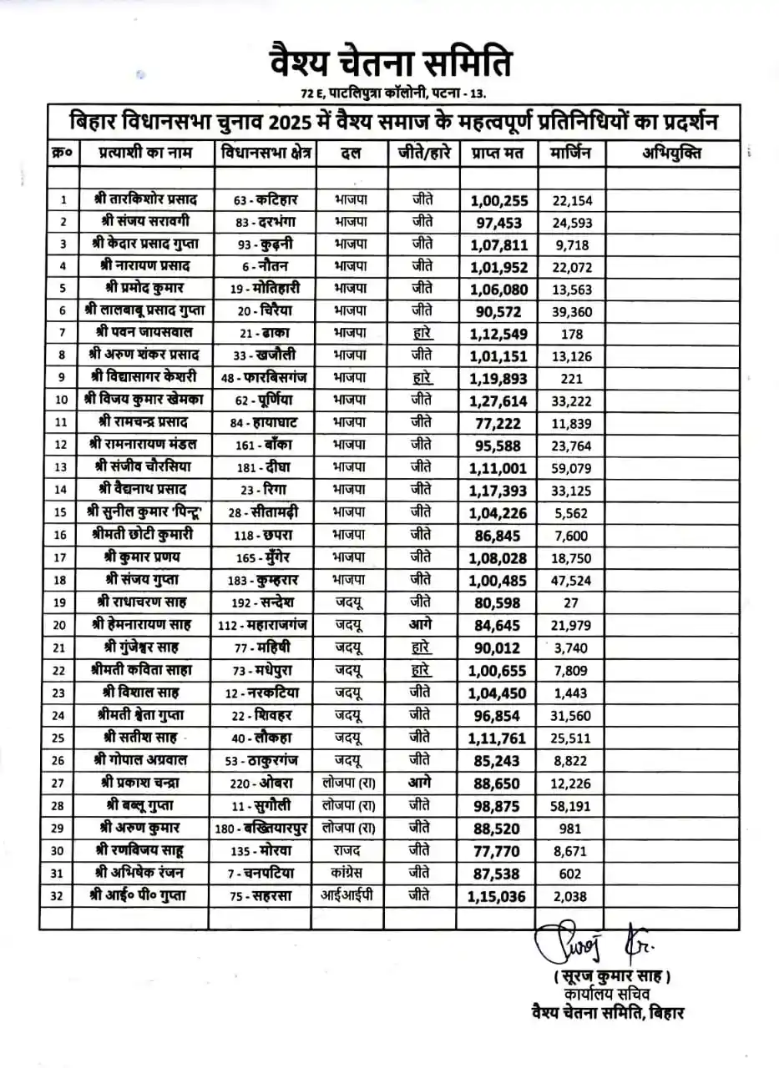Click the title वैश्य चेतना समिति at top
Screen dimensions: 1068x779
(390, 63)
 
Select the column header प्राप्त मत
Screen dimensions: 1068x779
(497, 154)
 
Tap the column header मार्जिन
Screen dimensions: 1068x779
(571, 154)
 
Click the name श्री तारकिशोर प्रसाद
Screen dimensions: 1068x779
(145, 200)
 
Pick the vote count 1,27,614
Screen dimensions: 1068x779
(498, 400)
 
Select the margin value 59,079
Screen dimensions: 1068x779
(571, 466)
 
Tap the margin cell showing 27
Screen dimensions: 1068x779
(571, 601)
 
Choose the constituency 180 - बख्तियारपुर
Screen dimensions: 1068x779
(265, 828)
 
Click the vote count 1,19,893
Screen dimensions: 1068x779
(498, 377)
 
